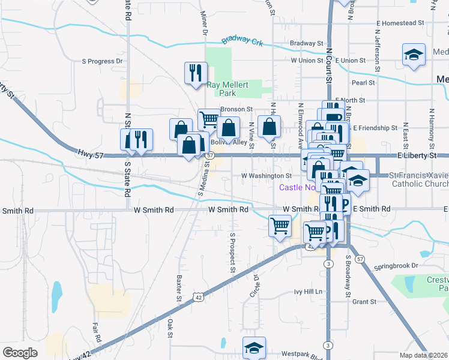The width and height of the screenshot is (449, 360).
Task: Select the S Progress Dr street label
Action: tap(102, 61)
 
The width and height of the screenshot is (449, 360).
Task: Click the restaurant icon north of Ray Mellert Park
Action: tap(195, 73)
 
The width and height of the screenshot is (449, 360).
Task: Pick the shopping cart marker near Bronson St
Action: tap(208, 119)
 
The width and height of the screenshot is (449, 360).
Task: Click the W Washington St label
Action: tap(266, 176)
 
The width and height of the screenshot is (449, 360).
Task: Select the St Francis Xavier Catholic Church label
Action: tap(419, 179)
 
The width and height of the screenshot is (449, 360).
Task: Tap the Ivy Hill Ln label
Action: tap(308, 292)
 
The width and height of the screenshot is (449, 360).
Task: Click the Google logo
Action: tap(20, 353)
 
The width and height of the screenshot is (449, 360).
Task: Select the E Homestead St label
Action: tap(400, 23)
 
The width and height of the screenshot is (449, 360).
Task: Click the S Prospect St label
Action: tap(232, 252)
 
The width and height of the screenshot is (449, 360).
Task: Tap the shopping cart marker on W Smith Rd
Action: tap(280, 226)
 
